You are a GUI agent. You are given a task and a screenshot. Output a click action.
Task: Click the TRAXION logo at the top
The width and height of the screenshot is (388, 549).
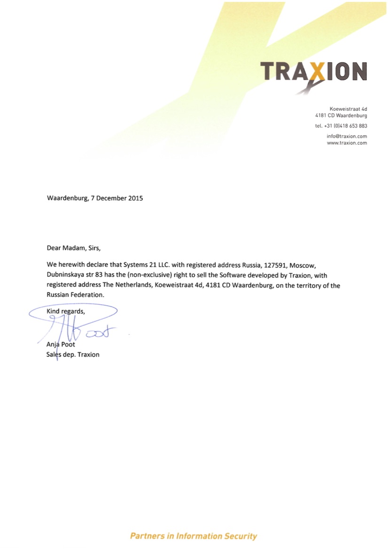click(313, 72)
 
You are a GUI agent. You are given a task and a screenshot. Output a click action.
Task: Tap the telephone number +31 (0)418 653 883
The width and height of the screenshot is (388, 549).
click(341, 126)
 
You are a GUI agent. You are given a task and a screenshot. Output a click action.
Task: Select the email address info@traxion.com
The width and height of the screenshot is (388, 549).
click(347, 136)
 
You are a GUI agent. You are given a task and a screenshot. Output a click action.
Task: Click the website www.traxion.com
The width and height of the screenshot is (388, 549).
click(347, 143)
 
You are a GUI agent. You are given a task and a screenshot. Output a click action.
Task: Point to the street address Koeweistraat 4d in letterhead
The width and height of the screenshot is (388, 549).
click(348, 109)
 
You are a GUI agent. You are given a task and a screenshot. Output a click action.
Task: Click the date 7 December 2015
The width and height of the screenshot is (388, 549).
click(116, 198)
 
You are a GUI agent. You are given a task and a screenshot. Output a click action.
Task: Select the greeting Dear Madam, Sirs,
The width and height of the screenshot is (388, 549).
click(74, 247)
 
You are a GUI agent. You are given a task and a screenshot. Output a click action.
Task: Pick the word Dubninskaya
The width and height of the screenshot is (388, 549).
click(66, 275)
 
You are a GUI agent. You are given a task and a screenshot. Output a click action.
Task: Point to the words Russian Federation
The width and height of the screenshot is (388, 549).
click(74, 295)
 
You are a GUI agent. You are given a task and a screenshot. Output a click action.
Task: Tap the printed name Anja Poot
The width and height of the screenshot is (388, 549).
click(61, 344)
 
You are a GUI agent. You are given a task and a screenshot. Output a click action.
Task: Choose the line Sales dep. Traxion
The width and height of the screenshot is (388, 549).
click(73, 355)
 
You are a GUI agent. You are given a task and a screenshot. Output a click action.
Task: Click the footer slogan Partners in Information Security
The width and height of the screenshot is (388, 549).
click(193, 536)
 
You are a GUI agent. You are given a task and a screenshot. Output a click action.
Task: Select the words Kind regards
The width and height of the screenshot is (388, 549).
click(66, 311)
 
